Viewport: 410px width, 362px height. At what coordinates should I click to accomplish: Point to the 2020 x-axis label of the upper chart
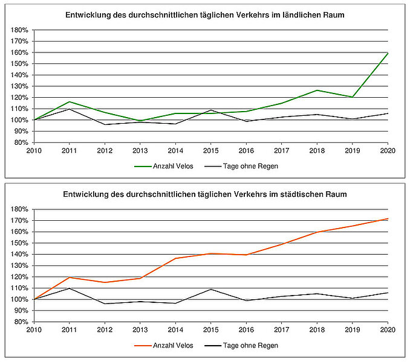pos(387,151)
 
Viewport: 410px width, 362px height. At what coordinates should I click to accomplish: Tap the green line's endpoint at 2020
pos(387,53)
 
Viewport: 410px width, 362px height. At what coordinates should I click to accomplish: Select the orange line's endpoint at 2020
pos(387,218)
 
